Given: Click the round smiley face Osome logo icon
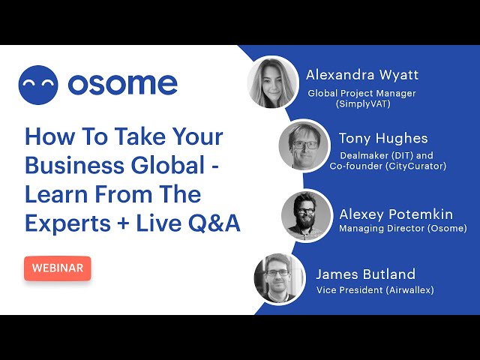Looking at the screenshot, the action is (x=38, y=85).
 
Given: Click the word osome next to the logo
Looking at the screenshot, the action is (x=122, y=84).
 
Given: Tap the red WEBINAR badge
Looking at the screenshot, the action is (x=58, y=268).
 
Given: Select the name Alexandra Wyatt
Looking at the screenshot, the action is (x=362, y=75).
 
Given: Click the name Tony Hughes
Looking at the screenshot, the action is (x=383, y=139).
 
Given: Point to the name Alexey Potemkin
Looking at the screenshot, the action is (x=396, y=214).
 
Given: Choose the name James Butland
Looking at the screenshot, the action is (x=365, y=274).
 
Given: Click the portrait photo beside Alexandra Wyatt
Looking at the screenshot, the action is (x=273, y=82).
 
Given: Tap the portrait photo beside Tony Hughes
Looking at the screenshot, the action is (x=305, y=145).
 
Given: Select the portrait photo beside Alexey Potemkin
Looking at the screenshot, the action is (x=307, y=215).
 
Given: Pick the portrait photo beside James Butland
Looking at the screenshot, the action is (x=279, y=278).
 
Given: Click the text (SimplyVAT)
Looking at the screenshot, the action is (x=363, y=104).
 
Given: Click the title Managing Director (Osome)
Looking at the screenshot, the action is (x=403, y=228).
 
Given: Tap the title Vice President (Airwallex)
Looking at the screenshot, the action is (x=375, y=290).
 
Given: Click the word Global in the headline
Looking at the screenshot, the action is (x=168, y=166).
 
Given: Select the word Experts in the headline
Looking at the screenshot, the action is (x=67, y=223).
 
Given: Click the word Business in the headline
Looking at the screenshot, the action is (x=74, y=166).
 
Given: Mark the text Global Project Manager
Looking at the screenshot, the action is (x=361, y=93).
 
